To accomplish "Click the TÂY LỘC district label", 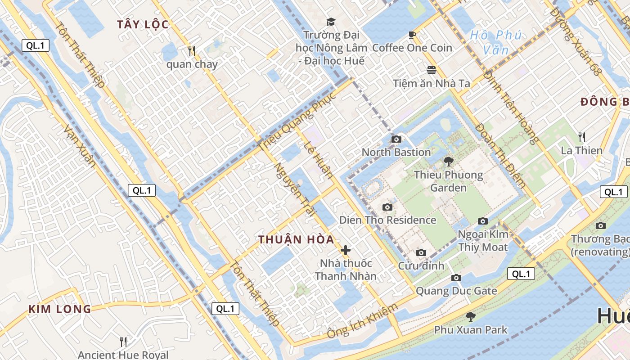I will pos(143,25).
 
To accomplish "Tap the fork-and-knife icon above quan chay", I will pos(192,51).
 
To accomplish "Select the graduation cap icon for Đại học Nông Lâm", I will pos(331,22).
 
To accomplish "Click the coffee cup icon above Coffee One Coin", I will pos(412,35).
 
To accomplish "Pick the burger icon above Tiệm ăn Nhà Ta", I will pos(432,70).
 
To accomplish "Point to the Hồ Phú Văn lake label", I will pos(496,42).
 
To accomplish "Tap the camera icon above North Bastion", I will pos(396,139).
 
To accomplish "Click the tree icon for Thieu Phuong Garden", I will pos(448,162).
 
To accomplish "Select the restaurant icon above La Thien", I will pos(581,137).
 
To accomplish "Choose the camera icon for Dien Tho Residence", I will pos(387,207).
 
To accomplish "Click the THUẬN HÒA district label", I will pos(297,240).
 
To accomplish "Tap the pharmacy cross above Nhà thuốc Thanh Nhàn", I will pos(346,250).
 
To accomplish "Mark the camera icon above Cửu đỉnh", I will pos(421,252).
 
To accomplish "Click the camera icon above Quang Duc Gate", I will pos(456,278).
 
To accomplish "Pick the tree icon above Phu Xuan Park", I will pos(470,317).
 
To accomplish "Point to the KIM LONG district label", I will pos(60,309).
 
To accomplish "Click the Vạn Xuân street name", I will pos(80,146).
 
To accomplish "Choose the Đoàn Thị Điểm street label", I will pos(500,155).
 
